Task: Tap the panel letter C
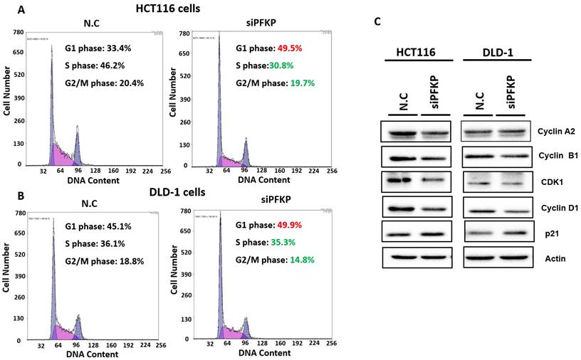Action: (x=377, y=21)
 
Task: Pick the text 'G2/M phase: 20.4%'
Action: (x=103, y=83)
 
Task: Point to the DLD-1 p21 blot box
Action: (x=496, y=233)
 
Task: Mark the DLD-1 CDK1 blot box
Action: (x=496, y=182)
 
